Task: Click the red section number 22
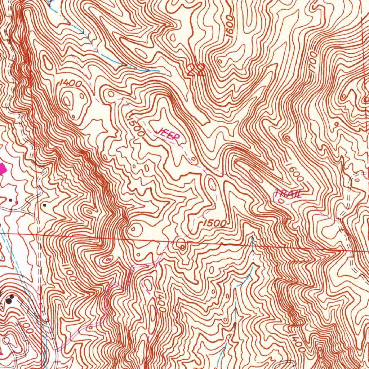196,70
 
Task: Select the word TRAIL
288,194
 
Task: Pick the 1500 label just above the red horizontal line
214,224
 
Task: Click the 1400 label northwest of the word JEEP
71,83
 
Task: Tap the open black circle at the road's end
6,339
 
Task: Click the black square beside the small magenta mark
11,199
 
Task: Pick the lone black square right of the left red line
44,205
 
